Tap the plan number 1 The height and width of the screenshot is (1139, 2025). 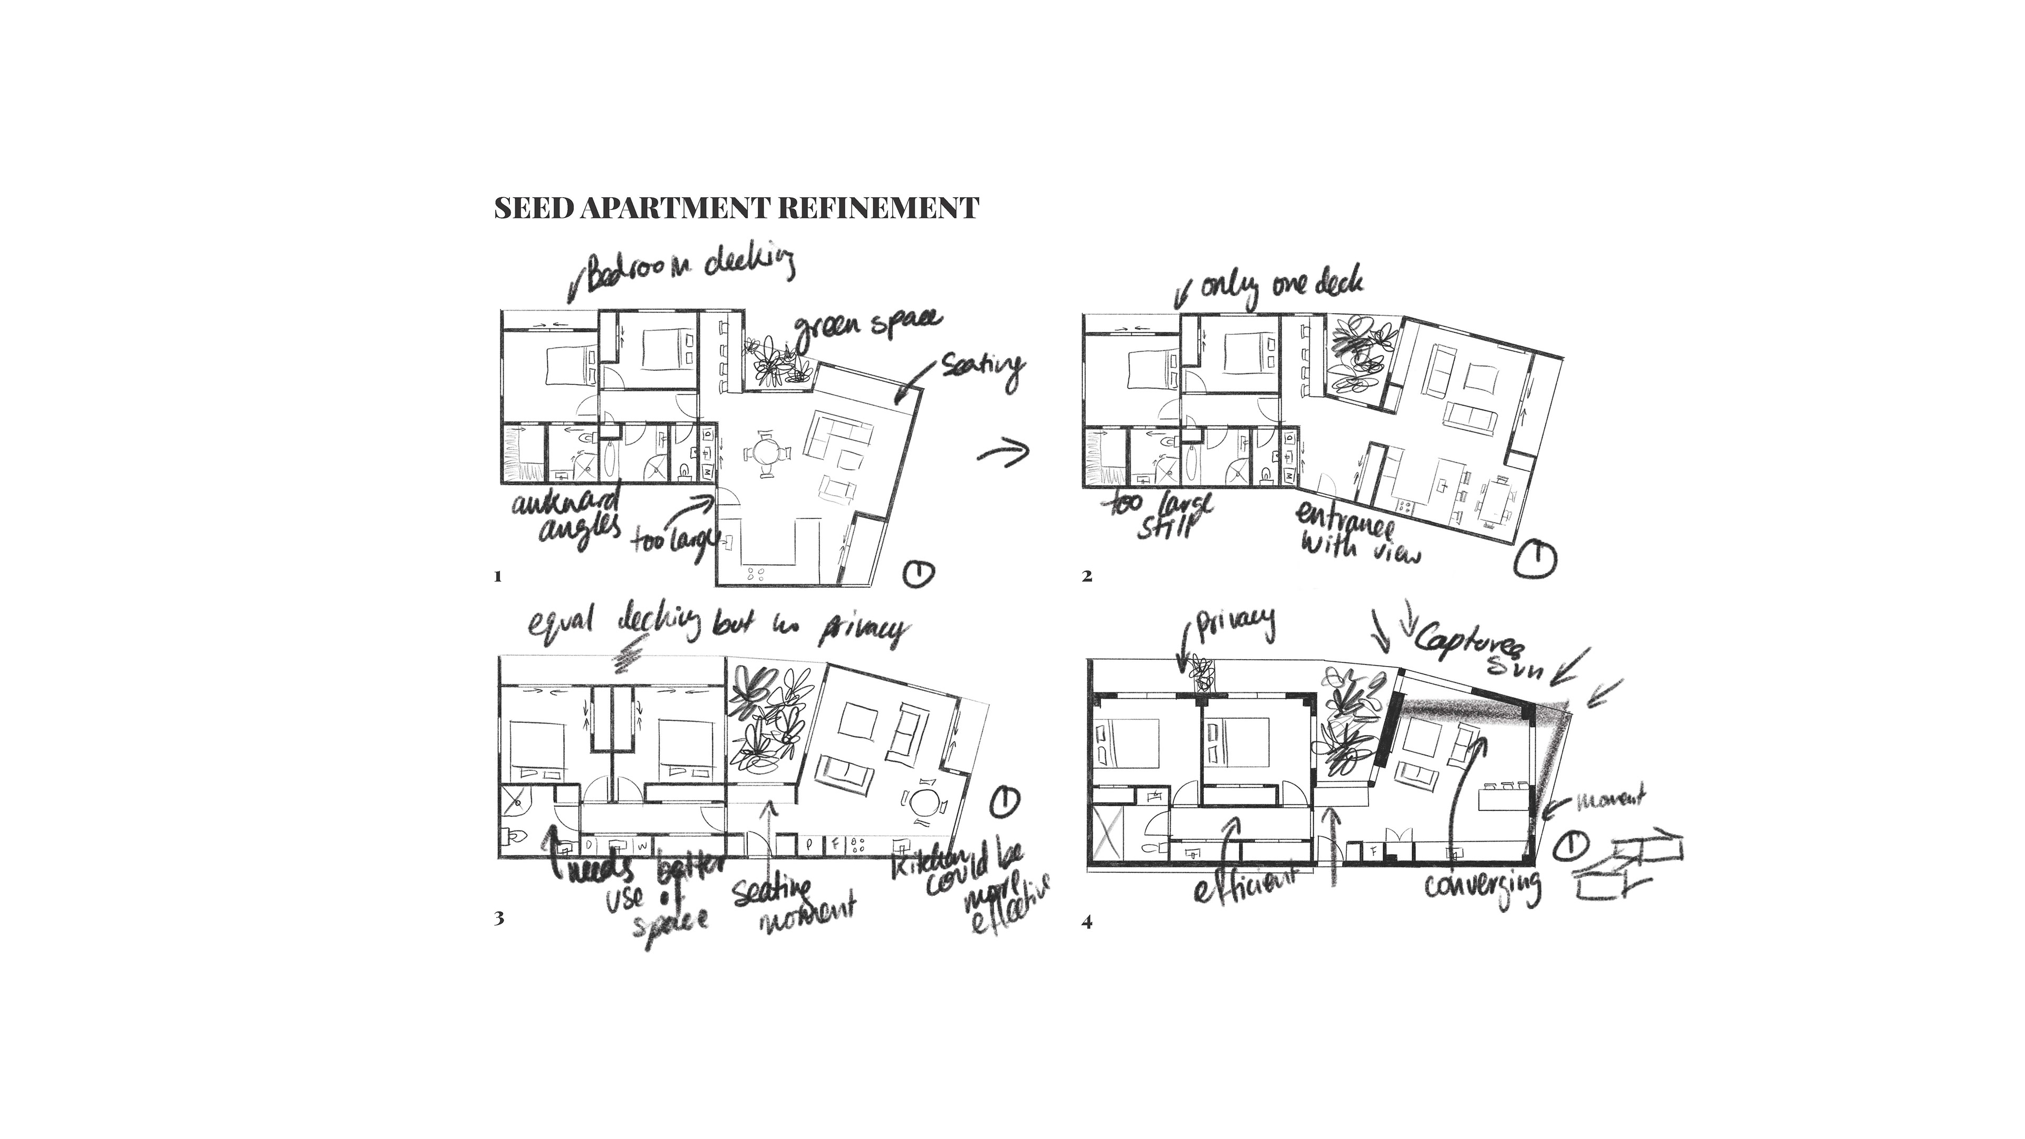pyautogui.click(x=498, y=577)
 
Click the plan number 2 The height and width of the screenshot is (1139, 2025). pyautogui.click(x=1087, y=577)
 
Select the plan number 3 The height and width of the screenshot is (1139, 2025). pyautogui.click(x=498, y=918)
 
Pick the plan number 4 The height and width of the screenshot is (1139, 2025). pyautogui.click(x=1087, y=922)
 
